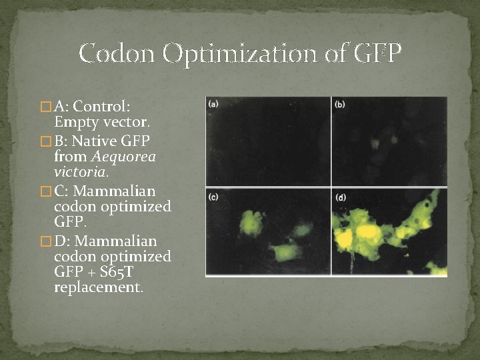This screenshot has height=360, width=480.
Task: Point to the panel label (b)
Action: click(x=340, y=104)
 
